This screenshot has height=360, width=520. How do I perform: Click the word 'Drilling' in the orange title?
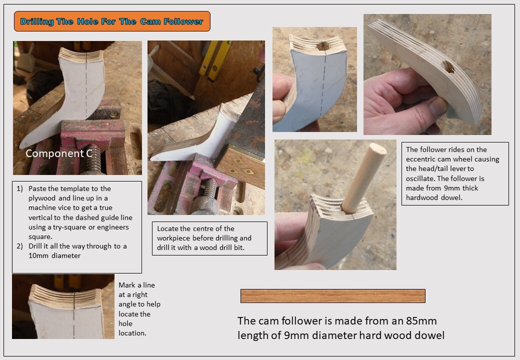click(37, 21)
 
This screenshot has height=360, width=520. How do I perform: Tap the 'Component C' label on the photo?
click(59, 153)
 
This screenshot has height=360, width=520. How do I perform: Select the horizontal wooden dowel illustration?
click(333, 295)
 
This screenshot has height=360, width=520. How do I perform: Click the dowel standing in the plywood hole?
click(364, 177)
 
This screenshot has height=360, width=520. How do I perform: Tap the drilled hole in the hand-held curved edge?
click(448, 66)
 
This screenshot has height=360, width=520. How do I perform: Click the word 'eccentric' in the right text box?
click(420, 159)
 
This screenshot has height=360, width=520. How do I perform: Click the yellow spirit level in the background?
click(215, 59)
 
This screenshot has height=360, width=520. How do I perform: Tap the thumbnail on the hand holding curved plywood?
click(438, 105)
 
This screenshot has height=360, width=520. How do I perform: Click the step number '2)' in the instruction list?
click(19, 246)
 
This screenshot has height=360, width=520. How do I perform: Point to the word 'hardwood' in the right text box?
click(419, 197)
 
